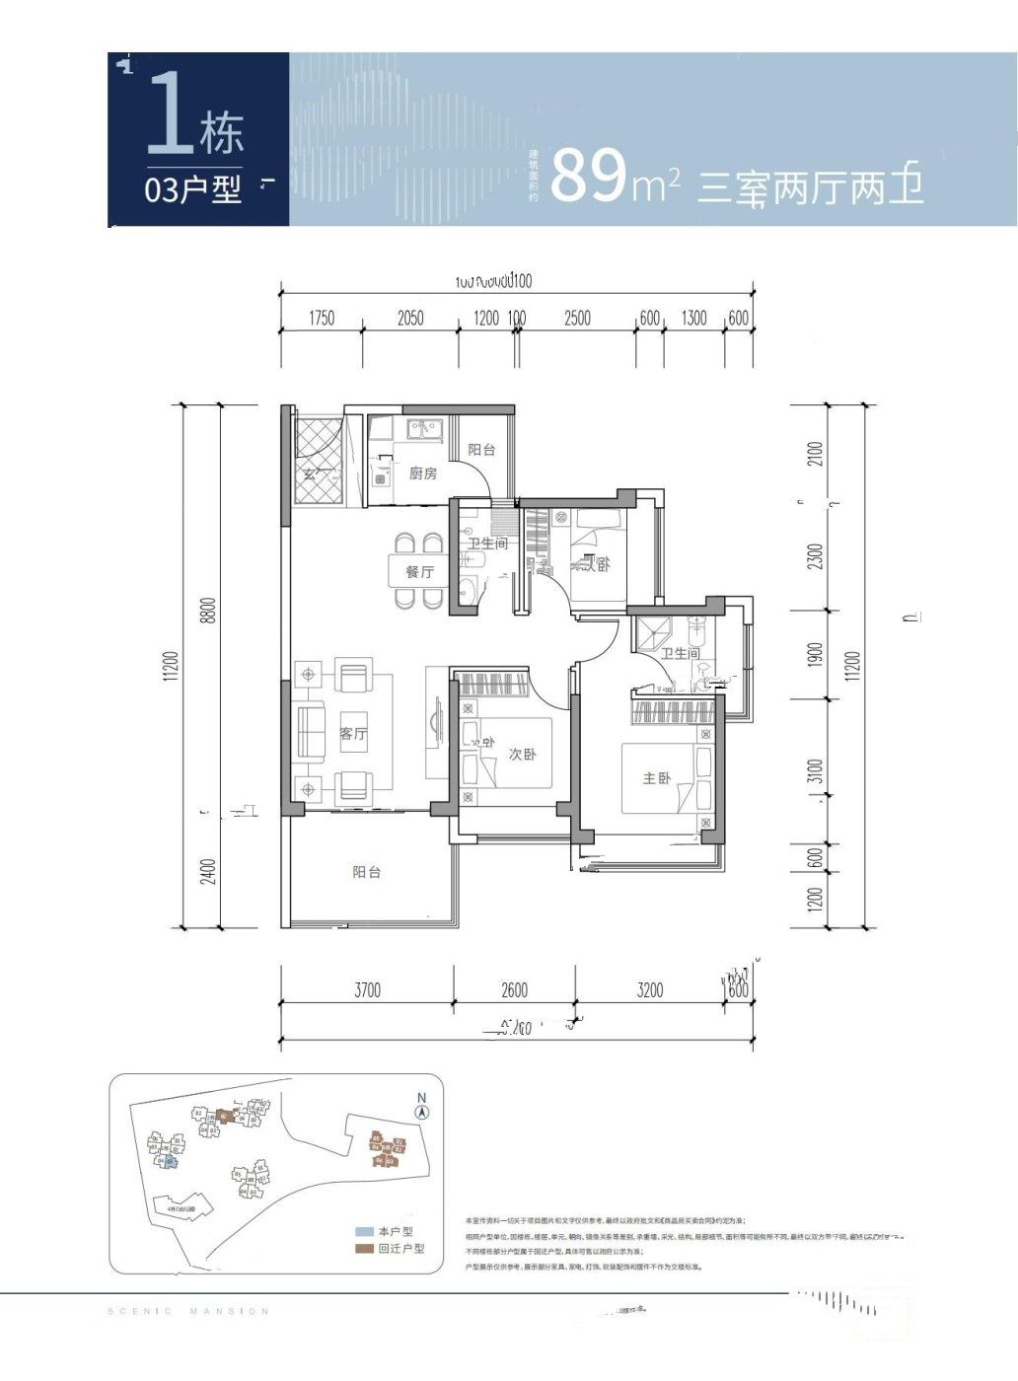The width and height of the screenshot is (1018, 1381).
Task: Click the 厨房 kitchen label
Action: [422, 473]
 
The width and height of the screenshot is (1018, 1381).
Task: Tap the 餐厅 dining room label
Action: [419, 571]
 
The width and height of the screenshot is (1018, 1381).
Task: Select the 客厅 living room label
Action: [353, 733]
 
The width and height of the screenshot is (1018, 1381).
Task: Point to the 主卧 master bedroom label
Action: [656, 778]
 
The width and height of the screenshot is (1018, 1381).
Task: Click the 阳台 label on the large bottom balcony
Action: [366, 872]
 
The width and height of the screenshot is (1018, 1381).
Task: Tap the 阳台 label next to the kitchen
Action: [480, 450]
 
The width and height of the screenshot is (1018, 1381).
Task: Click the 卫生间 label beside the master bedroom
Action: [680, 654]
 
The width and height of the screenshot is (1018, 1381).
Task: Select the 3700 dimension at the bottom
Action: [367, 989]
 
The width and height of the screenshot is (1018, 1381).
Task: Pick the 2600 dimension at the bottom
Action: [514, 989]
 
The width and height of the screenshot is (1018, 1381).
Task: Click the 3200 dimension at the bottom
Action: [649, 989]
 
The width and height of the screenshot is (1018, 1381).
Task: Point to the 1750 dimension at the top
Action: [322, 318]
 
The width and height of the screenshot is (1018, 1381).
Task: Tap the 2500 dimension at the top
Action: [577, 318]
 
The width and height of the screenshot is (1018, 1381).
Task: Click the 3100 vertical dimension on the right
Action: [814, 770]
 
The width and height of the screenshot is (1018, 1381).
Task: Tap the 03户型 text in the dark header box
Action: [193, 188]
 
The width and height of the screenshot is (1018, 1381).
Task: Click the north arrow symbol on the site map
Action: [421, 1112]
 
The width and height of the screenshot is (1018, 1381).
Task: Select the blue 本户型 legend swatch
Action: [364, 1232]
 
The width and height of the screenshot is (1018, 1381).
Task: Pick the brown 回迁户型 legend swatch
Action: [364, 1249]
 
